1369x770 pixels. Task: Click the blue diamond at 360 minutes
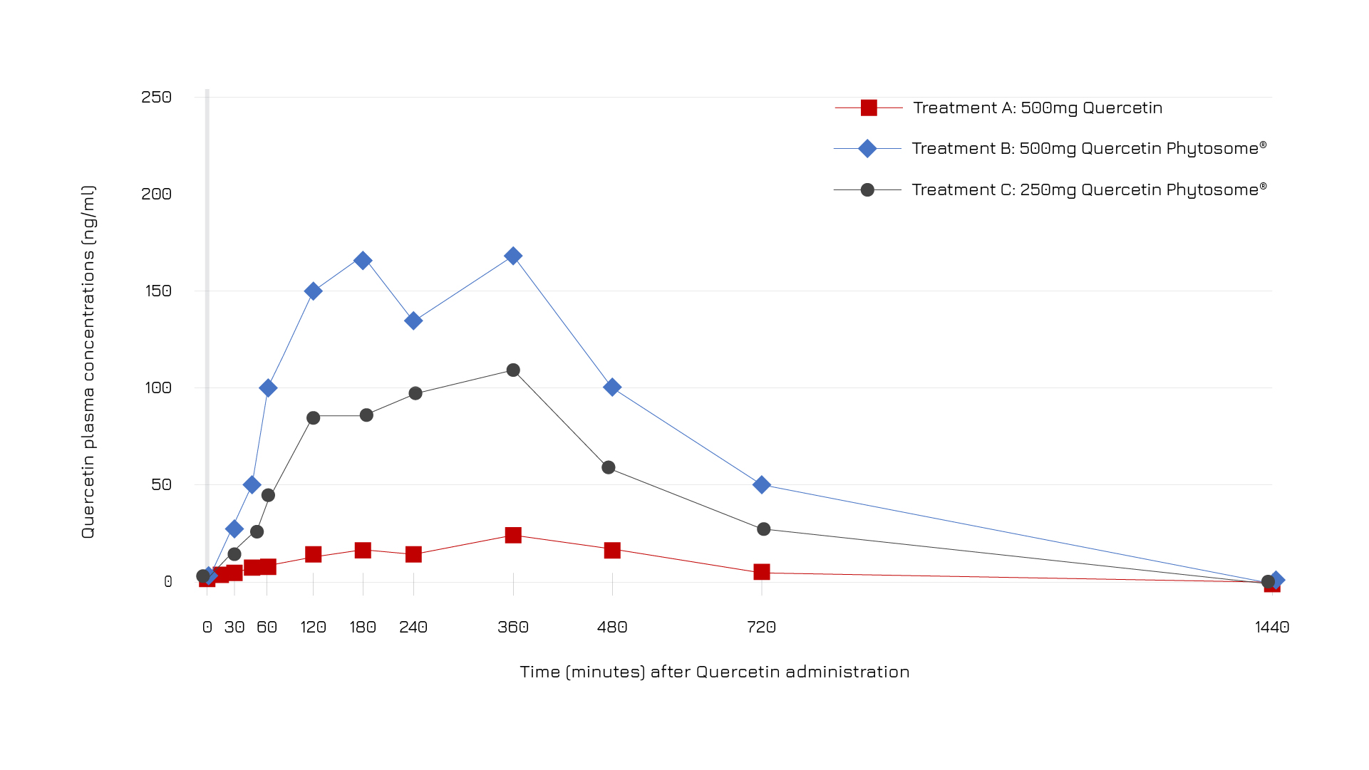513,256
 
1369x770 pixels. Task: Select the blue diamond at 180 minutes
363,261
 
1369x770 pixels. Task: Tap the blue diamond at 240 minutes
413,321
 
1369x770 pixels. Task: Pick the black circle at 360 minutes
513,370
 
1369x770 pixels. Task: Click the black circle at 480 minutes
609,468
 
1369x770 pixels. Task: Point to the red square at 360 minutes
513,535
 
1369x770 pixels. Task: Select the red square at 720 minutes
762,572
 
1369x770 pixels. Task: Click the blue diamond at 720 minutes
762,485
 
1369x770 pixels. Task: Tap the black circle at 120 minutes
314,418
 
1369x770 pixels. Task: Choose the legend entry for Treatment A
1038,108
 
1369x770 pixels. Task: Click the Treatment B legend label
1089,148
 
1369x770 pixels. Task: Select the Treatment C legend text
1089,189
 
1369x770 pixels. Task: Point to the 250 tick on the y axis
157,98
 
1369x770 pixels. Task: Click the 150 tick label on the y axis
157,291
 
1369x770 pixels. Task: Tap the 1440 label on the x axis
1272,628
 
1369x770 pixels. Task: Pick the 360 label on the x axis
513,628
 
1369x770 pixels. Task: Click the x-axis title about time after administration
715,672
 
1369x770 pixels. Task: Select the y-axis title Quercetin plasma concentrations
88,362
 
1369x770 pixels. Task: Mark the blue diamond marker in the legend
867,148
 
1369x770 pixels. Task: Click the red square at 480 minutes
612,550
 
